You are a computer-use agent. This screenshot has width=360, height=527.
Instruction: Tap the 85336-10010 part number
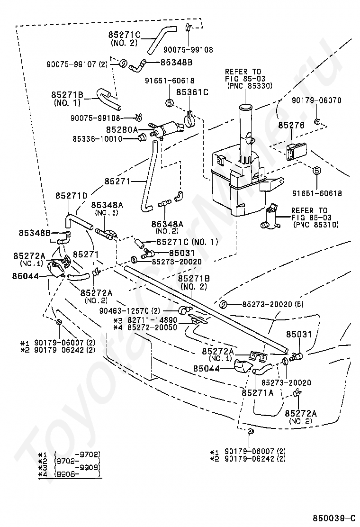coord(98,138)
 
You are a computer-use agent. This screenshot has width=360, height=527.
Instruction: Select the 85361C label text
coord(192,92)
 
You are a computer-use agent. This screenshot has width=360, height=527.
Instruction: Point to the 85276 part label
coord(291,125)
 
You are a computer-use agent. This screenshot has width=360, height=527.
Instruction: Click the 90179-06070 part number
coord(317,100)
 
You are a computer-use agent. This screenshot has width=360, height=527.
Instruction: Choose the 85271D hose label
coord(72,196)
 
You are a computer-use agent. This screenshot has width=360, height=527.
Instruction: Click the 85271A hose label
coord(258,392)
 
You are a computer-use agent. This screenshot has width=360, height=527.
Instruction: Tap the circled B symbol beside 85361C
coord(170,103)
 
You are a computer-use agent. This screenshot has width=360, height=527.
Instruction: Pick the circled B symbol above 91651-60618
coord(317,171)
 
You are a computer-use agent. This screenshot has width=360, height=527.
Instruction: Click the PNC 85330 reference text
coord(250,86)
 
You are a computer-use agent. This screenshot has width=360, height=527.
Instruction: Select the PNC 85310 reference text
coord(316,224)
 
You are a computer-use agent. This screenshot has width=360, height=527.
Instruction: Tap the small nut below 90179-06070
coord(316,120)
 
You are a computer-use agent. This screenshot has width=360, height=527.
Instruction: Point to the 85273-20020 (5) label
coord(273,305)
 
